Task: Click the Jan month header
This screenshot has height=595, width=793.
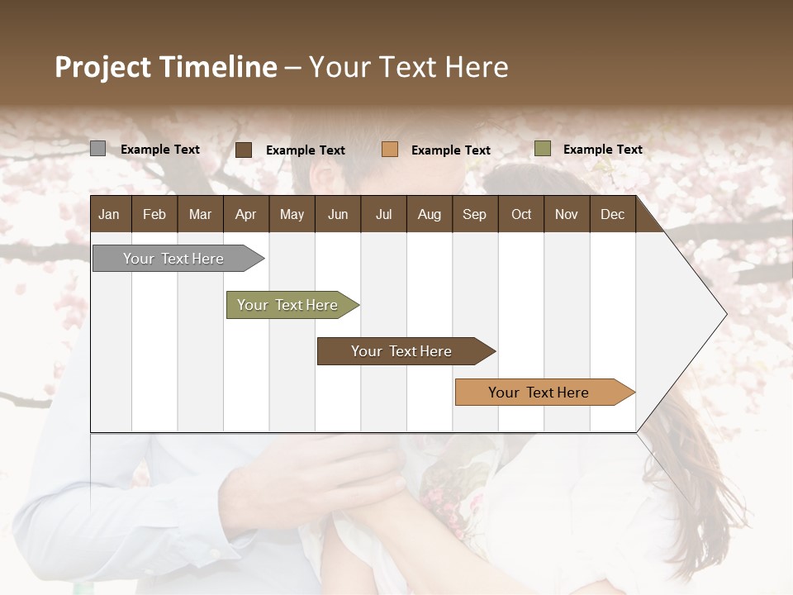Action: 109,215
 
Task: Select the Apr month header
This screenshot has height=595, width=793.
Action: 246,215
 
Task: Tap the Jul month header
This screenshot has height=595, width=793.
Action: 383,215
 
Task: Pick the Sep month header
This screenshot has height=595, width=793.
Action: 475,215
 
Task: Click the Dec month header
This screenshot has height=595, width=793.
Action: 612,215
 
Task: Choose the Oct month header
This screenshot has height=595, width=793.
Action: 521,215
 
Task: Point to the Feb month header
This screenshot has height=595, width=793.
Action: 154,215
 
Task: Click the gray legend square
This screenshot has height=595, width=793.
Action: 97,149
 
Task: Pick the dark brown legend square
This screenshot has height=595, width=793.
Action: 244,150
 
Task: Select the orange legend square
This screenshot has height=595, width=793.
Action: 390,150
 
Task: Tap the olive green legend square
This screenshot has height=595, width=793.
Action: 543,149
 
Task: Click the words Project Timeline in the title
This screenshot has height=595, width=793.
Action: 166,67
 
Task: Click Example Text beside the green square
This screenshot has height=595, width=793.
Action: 603,150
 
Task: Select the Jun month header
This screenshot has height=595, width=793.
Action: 338,215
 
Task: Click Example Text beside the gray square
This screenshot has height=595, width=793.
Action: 160,150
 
